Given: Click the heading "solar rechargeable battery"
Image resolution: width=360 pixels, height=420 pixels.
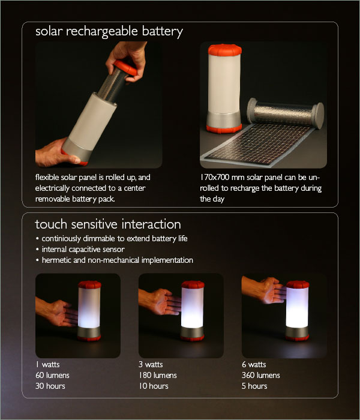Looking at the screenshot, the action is (109, 32).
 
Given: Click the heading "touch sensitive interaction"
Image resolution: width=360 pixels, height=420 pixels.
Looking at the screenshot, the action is (108, 224).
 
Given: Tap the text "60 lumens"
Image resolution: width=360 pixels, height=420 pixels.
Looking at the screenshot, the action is (52, 375).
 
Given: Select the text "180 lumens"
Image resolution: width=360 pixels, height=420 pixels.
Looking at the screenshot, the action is (157, 375).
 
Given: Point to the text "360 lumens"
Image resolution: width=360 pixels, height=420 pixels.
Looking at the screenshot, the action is (260, 375).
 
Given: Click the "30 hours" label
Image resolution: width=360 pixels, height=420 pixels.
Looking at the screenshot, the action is (50, 386).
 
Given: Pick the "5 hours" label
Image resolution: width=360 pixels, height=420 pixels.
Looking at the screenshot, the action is (254, 386).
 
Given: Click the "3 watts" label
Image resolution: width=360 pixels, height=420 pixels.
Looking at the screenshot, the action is (151, 365).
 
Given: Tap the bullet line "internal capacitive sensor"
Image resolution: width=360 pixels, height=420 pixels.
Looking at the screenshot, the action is (83, 250).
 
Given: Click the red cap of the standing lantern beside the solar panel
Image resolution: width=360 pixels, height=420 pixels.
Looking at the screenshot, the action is (225, 50).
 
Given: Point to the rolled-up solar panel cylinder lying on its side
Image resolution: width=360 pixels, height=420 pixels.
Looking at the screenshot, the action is (286, 113).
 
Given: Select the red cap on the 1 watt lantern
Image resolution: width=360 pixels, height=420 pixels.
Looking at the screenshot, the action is (89, 284).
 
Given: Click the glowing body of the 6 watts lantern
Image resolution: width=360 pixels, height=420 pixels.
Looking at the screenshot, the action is (297, 307).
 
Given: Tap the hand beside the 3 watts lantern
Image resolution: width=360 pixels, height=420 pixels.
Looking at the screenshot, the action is (160, 301).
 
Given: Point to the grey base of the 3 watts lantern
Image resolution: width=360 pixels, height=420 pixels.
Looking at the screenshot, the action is (192, 332).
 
